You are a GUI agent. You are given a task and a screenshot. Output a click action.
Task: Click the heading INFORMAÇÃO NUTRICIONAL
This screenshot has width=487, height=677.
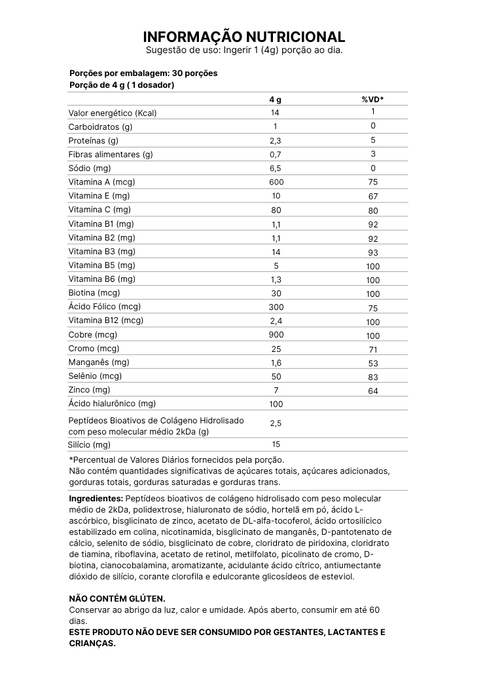(243, 37)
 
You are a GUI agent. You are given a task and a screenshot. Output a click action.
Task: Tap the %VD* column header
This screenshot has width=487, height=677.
(372, 99)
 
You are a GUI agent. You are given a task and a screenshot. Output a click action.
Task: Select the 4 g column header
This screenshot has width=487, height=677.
(276, 99)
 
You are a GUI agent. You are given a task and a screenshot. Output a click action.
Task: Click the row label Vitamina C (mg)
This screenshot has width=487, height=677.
(99, 210)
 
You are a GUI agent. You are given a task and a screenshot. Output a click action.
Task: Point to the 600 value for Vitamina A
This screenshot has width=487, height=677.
(276, 182)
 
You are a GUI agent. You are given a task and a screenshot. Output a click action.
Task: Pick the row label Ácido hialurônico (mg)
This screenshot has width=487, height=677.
(112, 404)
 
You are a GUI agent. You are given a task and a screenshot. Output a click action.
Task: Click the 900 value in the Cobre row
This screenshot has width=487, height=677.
(276, 335)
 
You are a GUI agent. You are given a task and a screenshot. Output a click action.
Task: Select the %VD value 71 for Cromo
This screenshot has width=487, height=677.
(372, 349)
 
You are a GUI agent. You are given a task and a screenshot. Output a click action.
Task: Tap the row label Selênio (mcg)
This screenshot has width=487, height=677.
(95, 376)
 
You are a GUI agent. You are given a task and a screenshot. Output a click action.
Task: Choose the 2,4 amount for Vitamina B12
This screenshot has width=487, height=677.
(276, 321)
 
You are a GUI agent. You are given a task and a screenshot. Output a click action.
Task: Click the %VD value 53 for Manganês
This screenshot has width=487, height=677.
(372, 363)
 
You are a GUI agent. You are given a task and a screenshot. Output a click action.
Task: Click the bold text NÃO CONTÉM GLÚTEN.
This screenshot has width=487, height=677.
(117, 599)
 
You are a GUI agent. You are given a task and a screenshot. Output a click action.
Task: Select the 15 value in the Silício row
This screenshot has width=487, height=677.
(276, 444)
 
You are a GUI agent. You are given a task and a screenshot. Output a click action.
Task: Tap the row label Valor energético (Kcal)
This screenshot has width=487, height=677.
(113, 113)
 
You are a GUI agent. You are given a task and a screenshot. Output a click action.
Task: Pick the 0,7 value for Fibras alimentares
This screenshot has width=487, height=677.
(276, 155)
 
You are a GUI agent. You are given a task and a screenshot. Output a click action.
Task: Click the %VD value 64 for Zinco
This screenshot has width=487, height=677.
(372, 391)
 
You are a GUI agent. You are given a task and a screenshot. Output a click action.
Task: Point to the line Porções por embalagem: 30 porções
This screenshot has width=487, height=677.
(143, 73)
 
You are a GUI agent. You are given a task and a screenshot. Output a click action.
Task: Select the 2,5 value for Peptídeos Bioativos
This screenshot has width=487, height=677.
(276, 423)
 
